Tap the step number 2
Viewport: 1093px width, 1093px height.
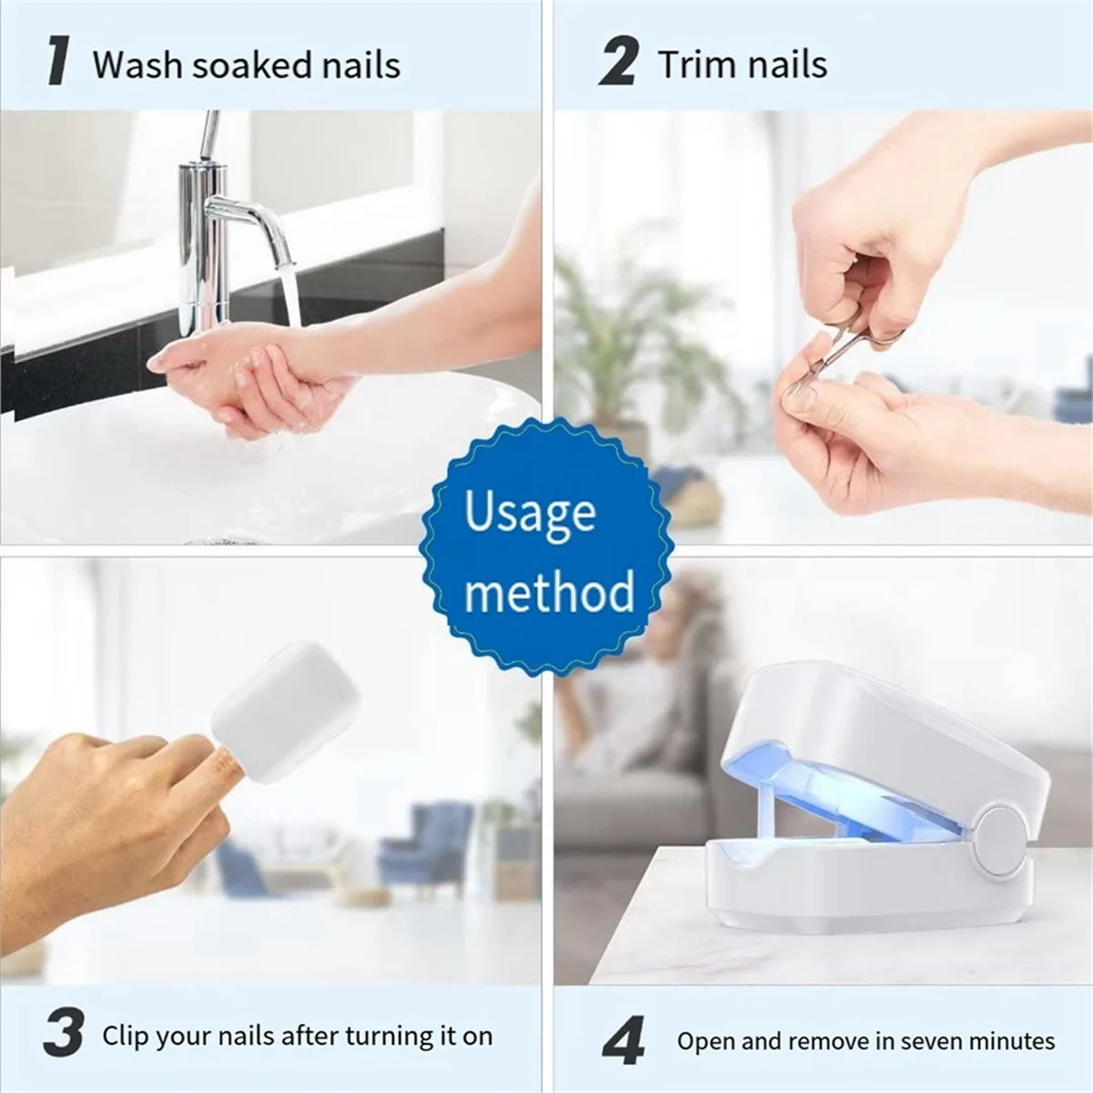pos(618,62)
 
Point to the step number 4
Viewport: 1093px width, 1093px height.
pos(624,1040)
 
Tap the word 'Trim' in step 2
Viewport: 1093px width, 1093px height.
pos(692,65)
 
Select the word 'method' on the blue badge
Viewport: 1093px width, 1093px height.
pos(549,592)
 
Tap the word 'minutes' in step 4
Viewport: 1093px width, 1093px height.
pos(1010,1041)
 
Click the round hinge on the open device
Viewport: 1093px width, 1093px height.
pos(999,840)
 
